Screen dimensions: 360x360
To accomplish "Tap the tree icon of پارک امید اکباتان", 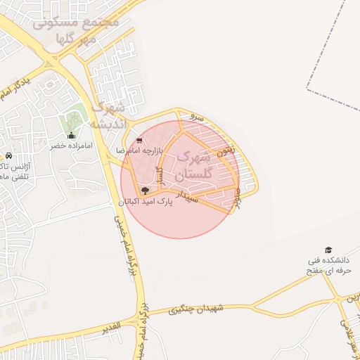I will tap(146, 190).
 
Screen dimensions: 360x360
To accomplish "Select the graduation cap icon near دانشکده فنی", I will tap(328, 250).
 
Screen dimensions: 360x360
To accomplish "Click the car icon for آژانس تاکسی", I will tap(8, 155).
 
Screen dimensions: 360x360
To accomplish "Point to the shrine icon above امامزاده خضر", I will tap(70, 135).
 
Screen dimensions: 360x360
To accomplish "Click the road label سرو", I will tap(198, 117).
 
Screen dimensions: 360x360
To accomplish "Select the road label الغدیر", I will tap(111, 328).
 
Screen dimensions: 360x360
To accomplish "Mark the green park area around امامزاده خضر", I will tap(72, 117).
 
